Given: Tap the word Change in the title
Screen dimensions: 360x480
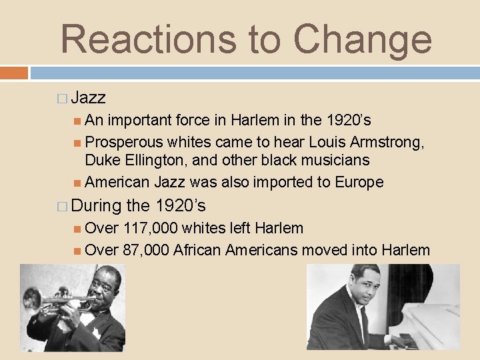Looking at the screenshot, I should coord(363,38).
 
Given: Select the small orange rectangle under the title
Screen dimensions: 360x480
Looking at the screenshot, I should coord(14,72).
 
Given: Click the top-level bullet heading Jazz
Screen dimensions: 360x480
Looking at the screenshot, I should coord(88,98).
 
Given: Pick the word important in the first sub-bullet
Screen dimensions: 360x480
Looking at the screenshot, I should coord(141,120).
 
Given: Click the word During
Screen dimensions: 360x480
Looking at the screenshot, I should coord(96,205).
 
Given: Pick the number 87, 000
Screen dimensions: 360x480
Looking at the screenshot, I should coord(145,250).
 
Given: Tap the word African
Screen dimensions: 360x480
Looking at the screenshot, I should coord(197,250).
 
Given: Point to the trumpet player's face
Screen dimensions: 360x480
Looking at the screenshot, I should coord(103,286).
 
